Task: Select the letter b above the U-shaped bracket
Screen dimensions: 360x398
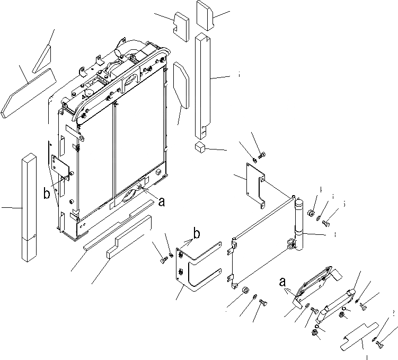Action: (196, 233)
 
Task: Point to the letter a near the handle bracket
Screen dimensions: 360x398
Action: (282, 283)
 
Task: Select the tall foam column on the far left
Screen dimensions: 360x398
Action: (29, 207)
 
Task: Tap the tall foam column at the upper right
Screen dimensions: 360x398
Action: (204, 85)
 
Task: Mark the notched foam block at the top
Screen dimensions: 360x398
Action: (181, 23)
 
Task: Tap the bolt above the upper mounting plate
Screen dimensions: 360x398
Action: (264, 154)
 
